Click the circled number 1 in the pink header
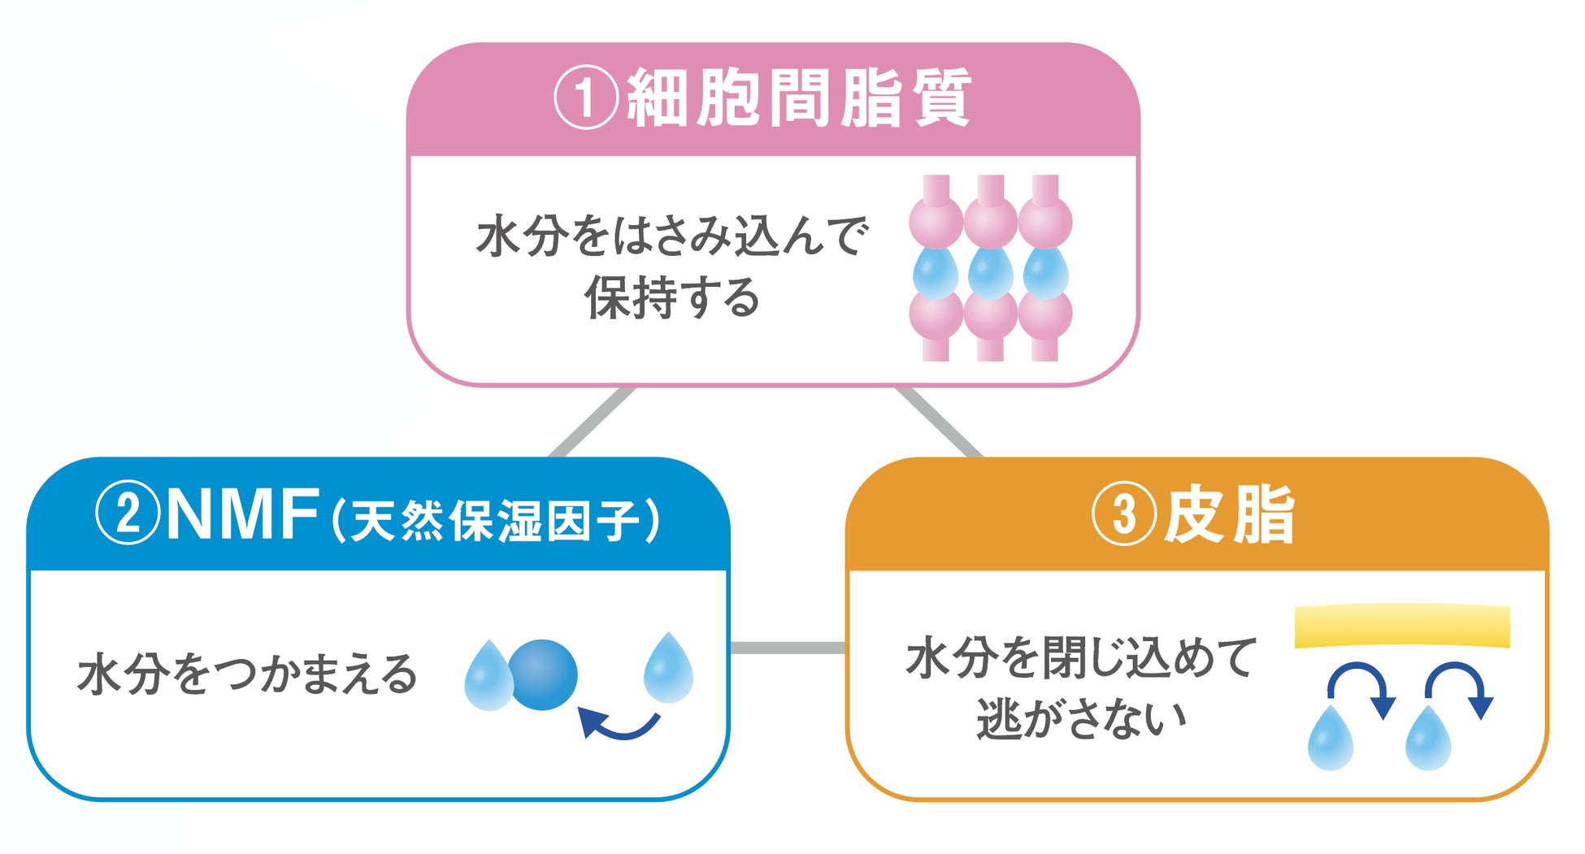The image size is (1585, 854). (x=586, y=98)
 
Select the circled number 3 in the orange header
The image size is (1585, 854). (x=1123, y=514)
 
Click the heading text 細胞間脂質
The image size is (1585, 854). (x=800, y=98)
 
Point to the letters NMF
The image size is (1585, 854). (x=242, y=514)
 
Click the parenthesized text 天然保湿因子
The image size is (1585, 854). (x=497, y=519)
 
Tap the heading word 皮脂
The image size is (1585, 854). (x=1229, y=514)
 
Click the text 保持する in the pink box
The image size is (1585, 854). (x=672, y=297)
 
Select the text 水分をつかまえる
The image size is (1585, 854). (x=247, y=674)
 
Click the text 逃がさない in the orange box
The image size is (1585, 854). (x=1081, y=718)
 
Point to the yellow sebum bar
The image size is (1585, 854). (x=1402, y=626)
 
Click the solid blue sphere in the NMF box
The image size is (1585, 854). (x=543, y=674)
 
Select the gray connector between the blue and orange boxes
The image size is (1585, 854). (x=788, y=648)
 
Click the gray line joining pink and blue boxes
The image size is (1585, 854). (x=592, y=422)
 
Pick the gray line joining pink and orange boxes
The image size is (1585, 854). (x=940, y=422)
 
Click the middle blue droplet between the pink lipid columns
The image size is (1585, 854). (x=990, y=272)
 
